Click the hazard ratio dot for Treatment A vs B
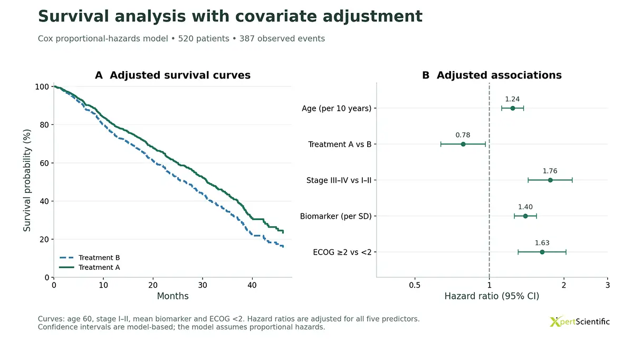(x=463, y=144)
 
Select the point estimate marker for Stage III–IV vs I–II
(x=550, y=180)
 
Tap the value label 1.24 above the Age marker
(x=512, y=99)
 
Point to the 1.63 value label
(x=542, y=243)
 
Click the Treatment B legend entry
(x=90, y=258)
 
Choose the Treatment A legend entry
(x=90, y=267)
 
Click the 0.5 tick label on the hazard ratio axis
(x=415, y=285)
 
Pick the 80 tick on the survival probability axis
(x=44, y=125)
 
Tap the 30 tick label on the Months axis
(x=203, y=285)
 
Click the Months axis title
(x=172, y=296)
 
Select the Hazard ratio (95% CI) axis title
(x=492, y=296)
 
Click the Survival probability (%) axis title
(x=27, y=180)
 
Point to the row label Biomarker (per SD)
(x=335, y=216)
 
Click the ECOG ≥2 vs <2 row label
(x=342, y=252)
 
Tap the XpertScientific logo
(x=579, y=322)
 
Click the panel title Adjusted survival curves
(x=180, y=75)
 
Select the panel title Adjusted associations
(x=499, y=75)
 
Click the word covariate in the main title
(x=276, y=16)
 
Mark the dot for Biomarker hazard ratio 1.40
(x=525, y=216)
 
